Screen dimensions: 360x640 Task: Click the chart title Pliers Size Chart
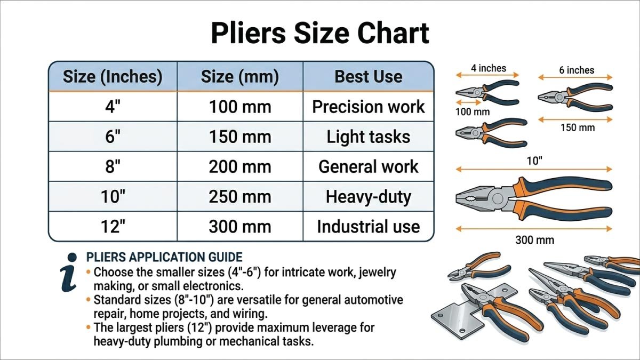pyautogui.click(x=320, y=33)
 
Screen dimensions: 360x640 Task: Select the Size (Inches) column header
pyautogui.click(x=113, y=76)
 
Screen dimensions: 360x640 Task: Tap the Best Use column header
pyautogui.click(x=368, y=76)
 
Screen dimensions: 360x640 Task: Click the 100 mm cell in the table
pyautogui.click(x=239, y=107)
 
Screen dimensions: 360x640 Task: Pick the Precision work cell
pyautogui.click(x=368, y=107)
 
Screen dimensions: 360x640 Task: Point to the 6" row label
pyautogui.click(x=113, y=137)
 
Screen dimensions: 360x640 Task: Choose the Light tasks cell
pyautogui.click(x=368, y=137)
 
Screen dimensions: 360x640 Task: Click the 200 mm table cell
pyautogui.click(x=239, y=166)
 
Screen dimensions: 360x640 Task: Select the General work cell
pyautogui.click(x=368, y=166)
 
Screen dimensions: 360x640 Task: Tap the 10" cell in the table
pyautogui.click(x=113, y=197)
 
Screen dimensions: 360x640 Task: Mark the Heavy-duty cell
pyautogui.click(x=368, y=197)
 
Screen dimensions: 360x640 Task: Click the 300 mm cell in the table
pyautogui.click(x=239, y=227)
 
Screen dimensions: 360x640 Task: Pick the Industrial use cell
pyautogui.click(x=368, y=227)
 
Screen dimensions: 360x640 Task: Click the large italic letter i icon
pyautogui.click(x=70, y=272)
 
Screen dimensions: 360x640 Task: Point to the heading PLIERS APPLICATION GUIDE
pyautogui.click(x=164, y=258)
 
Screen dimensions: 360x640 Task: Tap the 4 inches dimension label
pyautogui.click(x=489, y=68)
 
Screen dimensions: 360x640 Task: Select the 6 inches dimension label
pyautogui.click(x=577, y=70)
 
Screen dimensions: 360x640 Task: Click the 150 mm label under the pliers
pyautogui.click(x=577, y=127)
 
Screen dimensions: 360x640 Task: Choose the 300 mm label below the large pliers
pyautogui.click(x=534, y=240)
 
